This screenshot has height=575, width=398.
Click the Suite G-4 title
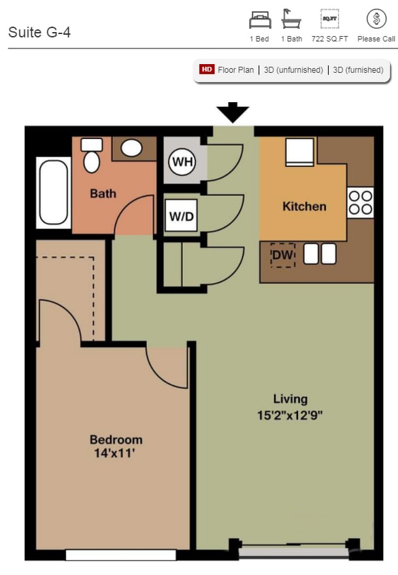tap(39, 32)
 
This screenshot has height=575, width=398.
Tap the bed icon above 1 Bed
tap(259, 19)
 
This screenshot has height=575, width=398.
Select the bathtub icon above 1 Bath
tap(291, 19)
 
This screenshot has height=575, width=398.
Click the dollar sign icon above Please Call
tap(376, 19)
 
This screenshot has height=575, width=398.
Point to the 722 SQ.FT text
tap(329, 39)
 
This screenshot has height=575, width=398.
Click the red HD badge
tap(207, 69)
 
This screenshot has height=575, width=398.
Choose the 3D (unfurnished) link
tap(293, 69)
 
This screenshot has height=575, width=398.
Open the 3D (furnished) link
tap(358, 69)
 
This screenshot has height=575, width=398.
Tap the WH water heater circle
tap(181, 162)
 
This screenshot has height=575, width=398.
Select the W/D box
tap(180, 217)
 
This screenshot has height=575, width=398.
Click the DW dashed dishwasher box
tap(282, 255)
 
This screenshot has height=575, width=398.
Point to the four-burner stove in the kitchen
tap(361, 202)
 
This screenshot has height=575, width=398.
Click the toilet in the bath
tap(91, 156)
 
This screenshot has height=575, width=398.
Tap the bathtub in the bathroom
tap(53, 193)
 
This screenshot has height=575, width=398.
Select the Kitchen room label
tap(304, 206)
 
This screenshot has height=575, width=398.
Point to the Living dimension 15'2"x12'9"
tap(290, 414)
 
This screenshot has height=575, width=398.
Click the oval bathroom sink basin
tap(131, 148)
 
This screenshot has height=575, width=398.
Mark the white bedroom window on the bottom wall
tap(120, 555)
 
